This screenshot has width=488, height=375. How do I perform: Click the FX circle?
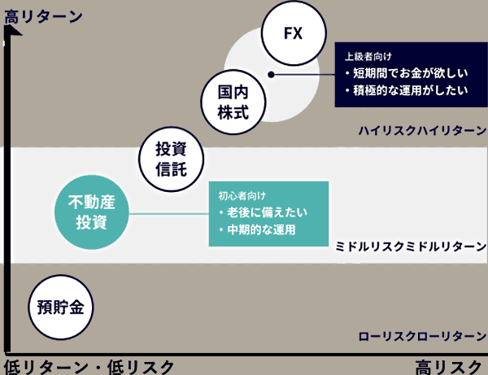pos(292,34)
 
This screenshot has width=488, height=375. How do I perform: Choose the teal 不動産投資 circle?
pos(92,213)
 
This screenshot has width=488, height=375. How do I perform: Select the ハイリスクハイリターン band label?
pos(421,130)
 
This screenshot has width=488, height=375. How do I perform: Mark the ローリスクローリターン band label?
pos(421,336)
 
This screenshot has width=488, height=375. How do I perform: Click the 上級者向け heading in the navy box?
pos(368,56)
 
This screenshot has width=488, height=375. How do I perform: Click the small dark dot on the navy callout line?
pos(272,74)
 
